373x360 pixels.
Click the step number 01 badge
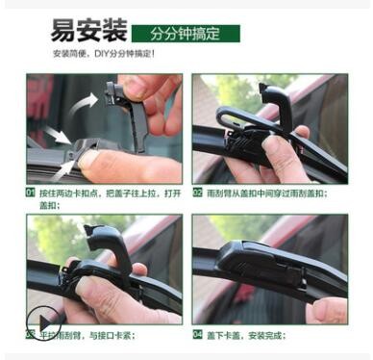[31, 192]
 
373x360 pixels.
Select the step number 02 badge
[197, 192]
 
